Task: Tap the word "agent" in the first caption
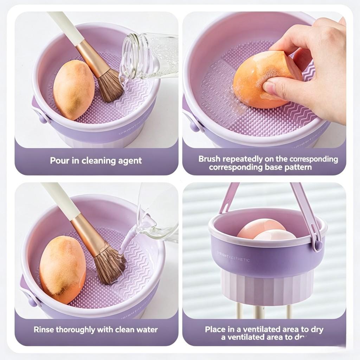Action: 130,161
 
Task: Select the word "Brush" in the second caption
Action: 210,159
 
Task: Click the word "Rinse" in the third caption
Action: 44,330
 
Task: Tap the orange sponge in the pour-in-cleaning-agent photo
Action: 74,90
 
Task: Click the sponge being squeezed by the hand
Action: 260,79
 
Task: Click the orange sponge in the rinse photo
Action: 63,269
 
